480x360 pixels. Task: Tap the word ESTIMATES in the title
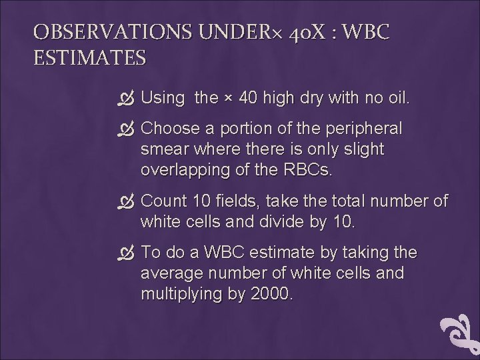pyautogui.click(x=89, y=58)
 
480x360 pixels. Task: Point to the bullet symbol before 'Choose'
pyautogui.click(x=129, y=129)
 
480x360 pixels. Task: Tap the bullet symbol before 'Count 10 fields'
pyautogui.click(x=129, y=201)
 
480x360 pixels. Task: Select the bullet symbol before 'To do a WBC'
pyautogui.click(x=129, y=254)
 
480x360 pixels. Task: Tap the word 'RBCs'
pyautogui.click(x=307, y=169)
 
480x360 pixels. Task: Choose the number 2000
pyautogui.click(x=267, y=294)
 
